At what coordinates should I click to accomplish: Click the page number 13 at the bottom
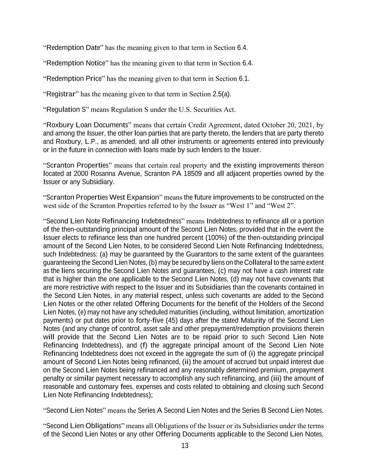(x=185, y=446)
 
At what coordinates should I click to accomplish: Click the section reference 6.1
(x=244, y=78)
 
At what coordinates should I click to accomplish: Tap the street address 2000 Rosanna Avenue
(x=107, y=173)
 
